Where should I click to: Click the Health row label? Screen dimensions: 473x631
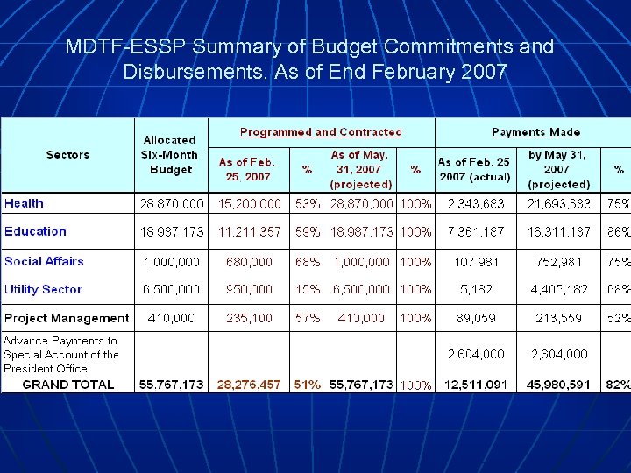click(24, 203)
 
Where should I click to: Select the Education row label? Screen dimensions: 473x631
click(35, 231)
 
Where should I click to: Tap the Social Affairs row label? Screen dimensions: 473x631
click(44, 261)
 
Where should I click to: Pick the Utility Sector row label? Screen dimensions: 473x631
click(43, 289)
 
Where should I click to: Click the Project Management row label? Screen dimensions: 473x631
click(67, 318)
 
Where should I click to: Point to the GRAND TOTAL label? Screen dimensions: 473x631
click(68, 385)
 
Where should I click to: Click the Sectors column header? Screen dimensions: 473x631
click(67, 155)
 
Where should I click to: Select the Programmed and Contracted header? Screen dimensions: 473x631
click(321, 132)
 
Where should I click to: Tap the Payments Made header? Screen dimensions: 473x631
click(535, 132)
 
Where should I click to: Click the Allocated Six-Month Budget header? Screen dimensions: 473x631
click(170, 154)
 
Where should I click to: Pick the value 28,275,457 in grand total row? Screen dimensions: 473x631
click(249, 385)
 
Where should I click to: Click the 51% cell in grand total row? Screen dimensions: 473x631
click(308, 385)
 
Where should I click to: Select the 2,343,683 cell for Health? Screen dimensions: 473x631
click(476, 203)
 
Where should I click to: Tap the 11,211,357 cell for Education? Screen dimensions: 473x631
click(249, 232)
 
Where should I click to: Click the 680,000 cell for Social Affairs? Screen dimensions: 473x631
click(249, 261)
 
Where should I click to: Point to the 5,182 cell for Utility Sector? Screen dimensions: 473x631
click(476, 289)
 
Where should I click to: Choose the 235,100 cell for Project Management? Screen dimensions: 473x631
click(249, 318)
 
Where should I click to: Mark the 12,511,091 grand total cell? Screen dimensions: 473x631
click(476, 385)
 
